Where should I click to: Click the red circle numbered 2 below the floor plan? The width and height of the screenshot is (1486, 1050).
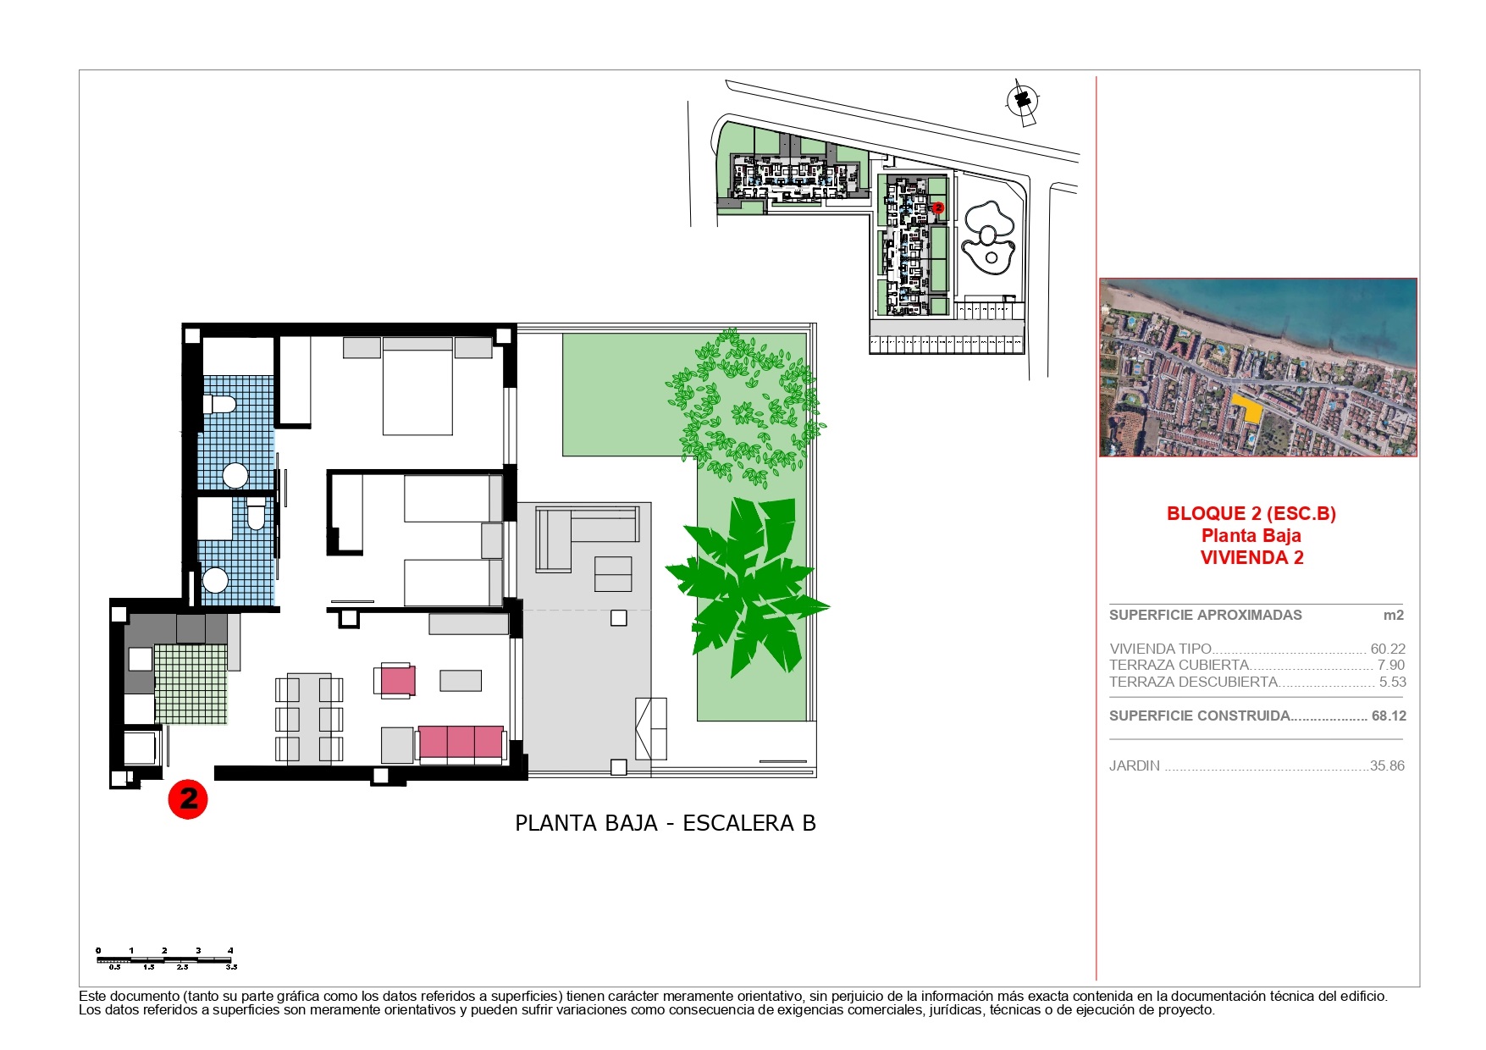point(188,799)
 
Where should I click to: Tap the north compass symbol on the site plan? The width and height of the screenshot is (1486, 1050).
point(1022,102)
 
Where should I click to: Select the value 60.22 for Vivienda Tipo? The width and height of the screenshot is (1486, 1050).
point(1388,649)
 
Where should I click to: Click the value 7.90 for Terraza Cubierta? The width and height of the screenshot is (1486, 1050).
point(1391,665)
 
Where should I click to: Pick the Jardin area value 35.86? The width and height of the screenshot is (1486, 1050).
point(1387,765)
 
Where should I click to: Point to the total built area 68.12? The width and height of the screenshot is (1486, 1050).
point(1389,716)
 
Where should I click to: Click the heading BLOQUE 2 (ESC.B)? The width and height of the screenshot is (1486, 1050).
point(1251,513)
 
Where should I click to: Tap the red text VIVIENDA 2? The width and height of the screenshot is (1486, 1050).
point(1251,557)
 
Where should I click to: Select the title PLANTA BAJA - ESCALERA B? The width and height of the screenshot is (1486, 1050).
point(666,823)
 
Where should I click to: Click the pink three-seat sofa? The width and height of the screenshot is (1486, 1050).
point(461,743)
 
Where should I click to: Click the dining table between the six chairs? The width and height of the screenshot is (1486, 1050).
point(309,719)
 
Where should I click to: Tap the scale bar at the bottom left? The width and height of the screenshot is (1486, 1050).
point(164,959)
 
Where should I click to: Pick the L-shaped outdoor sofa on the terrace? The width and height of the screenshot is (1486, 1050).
point(586,539)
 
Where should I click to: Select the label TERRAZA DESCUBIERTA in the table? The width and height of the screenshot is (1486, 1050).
point(1193,682)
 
